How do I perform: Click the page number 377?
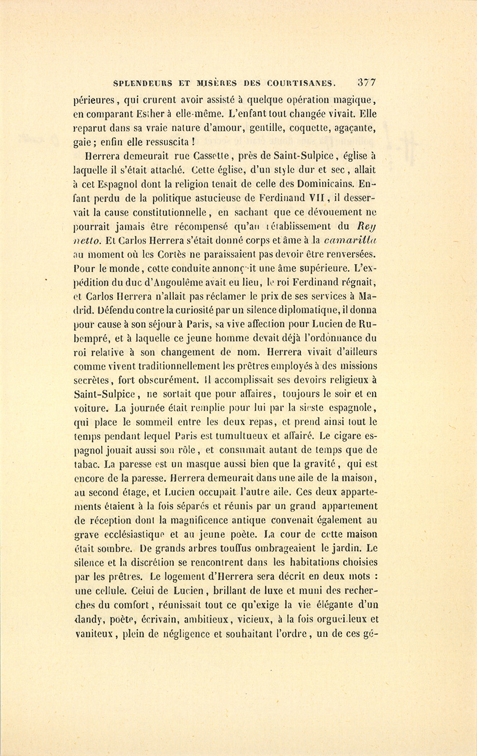367,83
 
